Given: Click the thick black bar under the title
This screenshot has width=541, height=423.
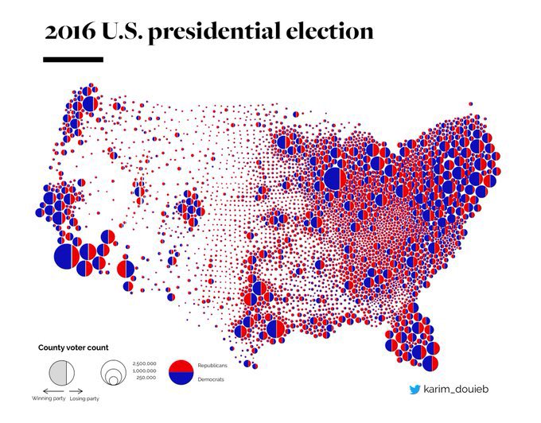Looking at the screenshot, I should click(73, 59).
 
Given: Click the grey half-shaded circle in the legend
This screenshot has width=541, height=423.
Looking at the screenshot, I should click(60, 372).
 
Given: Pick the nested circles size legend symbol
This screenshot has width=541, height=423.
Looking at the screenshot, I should click(113, 372).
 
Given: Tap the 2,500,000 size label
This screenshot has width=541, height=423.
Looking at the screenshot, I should click(144, 363).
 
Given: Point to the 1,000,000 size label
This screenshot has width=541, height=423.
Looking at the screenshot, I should click(144, 371).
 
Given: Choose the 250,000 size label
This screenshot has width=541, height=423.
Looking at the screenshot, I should click(146, 378).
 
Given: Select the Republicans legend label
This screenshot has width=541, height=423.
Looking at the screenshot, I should click(212, 364).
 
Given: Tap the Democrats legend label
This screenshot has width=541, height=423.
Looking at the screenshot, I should click(211, 380).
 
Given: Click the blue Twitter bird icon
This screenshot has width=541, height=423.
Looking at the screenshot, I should click(415, 390).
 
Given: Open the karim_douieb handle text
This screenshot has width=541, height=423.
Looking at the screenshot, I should click(456, 390).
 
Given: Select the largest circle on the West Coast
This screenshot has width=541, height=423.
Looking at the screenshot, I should click(67, 255).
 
